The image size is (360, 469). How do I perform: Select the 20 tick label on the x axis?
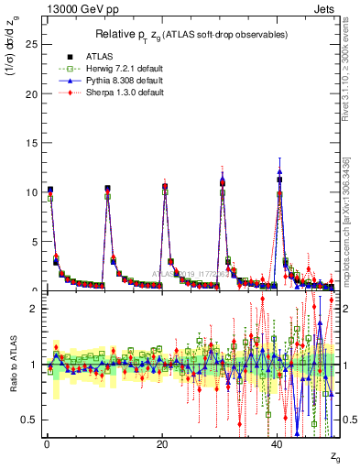pos(162,442)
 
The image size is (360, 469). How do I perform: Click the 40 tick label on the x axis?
pos(278,442)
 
